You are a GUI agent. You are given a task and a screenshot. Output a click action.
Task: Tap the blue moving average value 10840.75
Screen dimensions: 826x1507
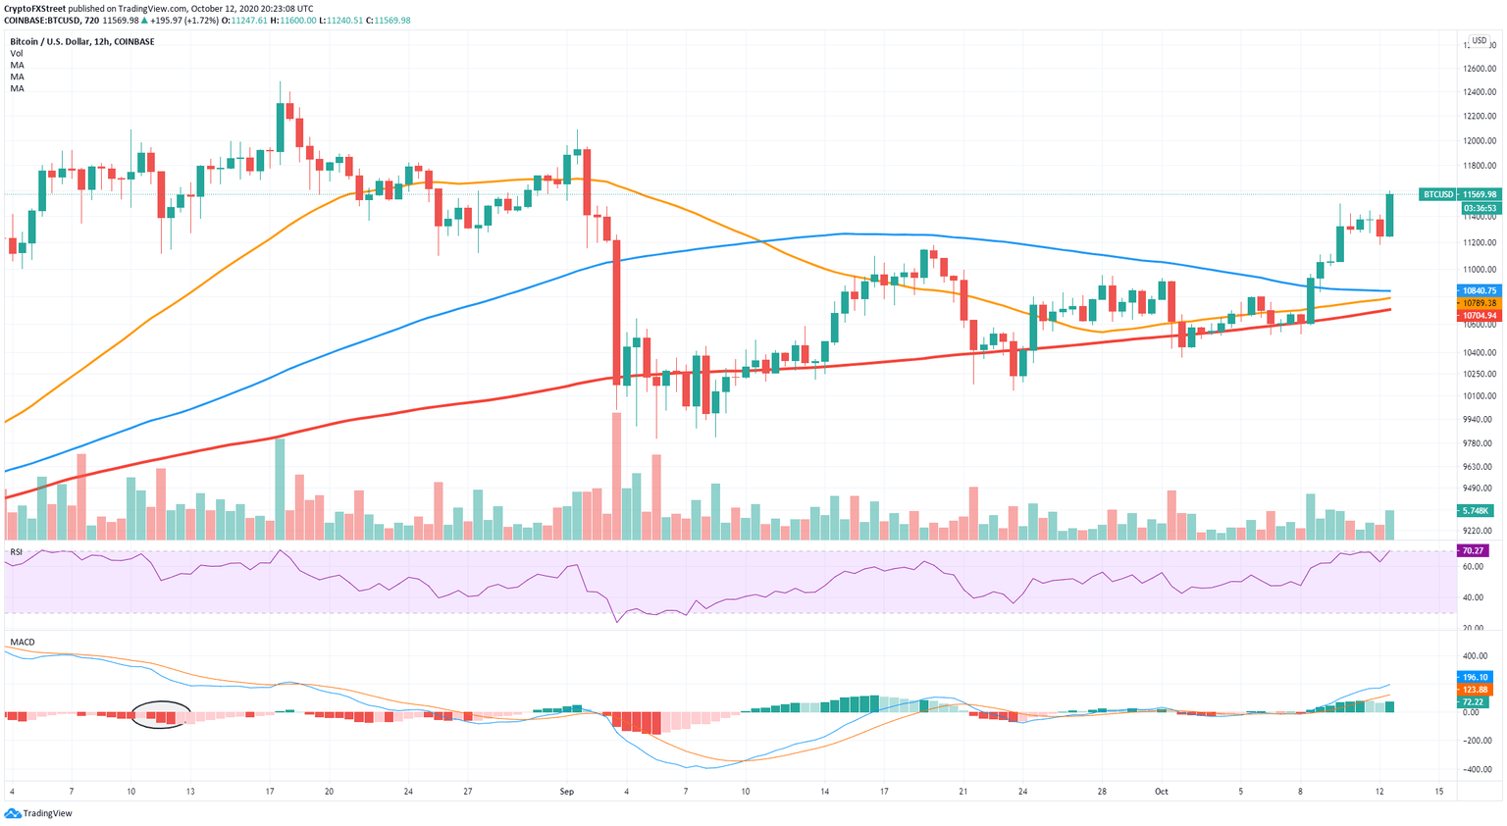[x=1479, y=290]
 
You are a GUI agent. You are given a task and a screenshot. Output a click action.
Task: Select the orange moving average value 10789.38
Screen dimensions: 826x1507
[x=1479, y=303]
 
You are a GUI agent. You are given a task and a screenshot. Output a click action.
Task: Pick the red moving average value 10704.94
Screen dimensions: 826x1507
[x=1479, y=316]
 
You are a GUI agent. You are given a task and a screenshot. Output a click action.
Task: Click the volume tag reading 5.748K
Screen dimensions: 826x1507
[x=1475, y=511]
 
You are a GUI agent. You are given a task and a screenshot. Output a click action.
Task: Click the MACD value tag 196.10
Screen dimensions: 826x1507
[x=1475, y=677]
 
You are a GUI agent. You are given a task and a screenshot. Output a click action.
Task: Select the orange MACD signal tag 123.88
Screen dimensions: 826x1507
[x=1475, y=690]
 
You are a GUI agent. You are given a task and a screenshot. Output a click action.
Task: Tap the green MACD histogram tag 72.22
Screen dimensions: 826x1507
[x=1473, y=702]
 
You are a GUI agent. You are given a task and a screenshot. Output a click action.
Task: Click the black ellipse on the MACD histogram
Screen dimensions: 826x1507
[x=161, y=714]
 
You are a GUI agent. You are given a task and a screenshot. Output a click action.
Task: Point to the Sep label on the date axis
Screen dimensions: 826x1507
[x=566, y=791]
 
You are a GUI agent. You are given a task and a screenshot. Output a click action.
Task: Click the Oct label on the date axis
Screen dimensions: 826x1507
[x=1161, y=791]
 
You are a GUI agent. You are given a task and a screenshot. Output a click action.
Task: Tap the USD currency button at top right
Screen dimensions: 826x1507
[x=1479, y=41]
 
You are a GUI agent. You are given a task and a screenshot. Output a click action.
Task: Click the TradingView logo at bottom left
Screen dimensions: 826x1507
[x=39, y=813]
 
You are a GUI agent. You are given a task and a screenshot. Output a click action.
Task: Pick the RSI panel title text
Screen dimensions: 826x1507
[x=17, y=552]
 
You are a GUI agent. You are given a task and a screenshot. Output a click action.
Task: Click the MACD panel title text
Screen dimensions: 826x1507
[x=23, y=643]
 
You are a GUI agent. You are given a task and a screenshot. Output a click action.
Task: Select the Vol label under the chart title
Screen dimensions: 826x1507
[x=17, y=54]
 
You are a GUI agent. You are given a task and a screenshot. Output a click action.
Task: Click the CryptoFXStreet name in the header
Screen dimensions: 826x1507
[x=35, y=8]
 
